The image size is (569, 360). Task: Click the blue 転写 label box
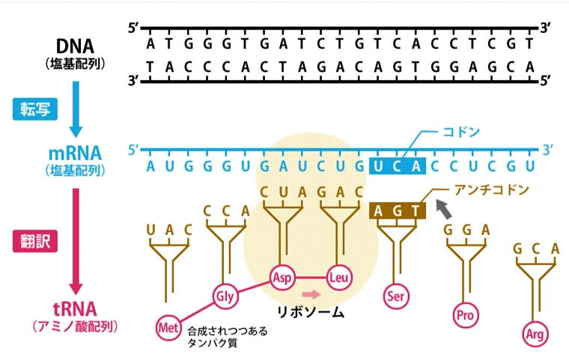[x=35, y=109]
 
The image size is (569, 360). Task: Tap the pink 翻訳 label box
[x=35, y=241]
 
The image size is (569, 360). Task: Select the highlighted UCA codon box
[x=398, y=166]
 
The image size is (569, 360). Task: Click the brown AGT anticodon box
[x=398, y=210]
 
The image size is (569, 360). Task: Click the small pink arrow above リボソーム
[x=311, y=294]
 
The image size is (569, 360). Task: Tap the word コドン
[x=461, y=132]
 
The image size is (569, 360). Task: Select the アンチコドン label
[x=492, y=189]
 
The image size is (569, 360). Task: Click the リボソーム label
[x=310, y=312]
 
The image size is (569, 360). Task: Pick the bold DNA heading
[x=75, y=46]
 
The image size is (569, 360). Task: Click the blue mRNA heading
[x=75, y=153]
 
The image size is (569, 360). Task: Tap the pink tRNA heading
[x=75, y=310]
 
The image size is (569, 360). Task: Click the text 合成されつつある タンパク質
[x=228, y=337]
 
